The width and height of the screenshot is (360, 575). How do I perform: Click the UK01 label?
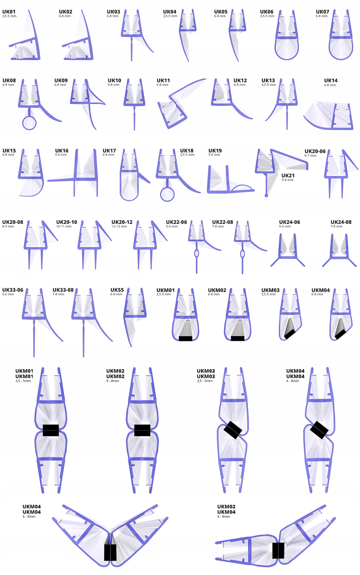pyautogui.click(x=9, y=12)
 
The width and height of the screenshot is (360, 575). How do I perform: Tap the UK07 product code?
pyautogui.click(x=322, y=12)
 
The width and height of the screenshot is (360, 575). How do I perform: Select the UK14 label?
pyautogui.click(x=331, y=80)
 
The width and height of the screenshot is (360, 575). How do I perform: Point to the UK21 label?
pyautogui.click(x=288, y=176)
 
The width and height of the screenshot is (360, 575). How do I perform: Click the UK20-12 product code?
pyautogui.click(x=122, y=222)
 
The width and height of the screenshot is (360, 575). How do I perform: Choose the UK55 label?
pyautogui.click(x=117, y=290)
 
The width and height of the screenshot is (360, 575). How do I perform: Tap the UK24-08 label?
pyautogui.click(x=341, y=222)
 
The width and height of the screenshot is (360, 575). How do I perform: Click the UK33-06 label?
pyautogui.click(x=13, y=290)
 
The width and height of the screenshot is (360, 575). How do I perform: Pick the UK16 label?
pyautogui.click(x=62, y=151)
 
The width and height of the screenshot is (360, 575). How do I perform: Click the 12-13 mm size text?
pyautogui.click(x=119, y=227)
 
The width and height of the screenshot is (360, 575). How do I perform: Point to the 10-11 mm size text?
pyautogui.click(x=64, y=227)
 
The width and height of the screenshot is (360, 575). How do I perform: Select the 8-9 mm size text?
pyautogui.click(x=8, y=227)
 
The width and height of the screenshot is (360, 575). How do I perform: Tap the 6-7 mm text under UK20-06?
pyautogui.click(x=310, y=156)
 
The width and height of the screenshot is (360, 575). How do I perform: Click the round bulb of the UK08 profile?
pyautogui.click(x=29, y=123)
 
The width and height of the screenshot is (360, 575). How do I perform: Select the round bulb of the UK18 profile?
pyautogui.click(x=167, y=194)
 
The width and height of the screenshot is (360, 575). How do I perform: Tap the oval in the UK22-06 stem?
pyautogui.click(x=196, y=254)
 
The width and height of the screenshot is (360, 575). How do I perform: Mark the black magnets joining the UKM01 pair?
pyautogui.click(x=51, y=430)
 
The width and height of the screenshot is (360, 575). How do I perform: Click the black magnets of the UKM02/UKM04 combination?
pyautogui.click(x=278, y=550)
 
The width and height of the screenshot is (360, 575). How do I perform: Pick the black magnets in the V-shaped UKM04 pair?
pyautogui.click(x=110, y=552)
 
